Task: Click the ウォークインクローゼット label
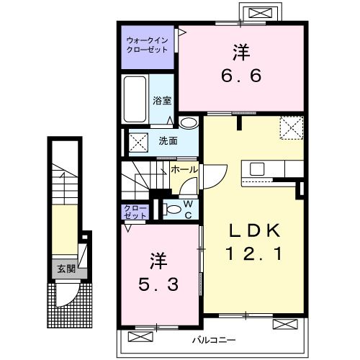coord(147,45)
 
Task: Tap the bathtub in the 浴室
coord(135,99)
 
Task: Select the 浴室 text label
coord(162,101)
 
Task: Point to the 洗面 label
coord(168,141)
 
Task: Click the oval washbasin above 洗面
coord(189,123)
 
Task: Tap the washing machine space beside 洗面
coord(138,143)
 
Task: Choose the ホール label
coord(184,170)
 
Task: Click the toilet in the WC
coord(172,209)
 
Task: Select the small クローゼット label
coord(135,212)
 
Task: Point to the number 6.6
coord(241,76)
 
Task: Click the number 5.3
coord(158,284)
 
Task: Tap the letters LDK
coord(255,230)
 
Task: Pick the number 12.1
coord(254,254)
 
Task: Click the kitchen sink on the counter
coord(257,169)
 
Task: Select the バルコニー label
coord(214,340)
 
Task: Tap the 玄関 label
coord(66,269)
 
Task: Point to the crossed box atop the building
coord(261,12)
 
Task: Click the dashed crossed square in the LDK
coord(292,128)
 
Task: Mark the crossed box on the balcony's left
coord(140,336)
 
